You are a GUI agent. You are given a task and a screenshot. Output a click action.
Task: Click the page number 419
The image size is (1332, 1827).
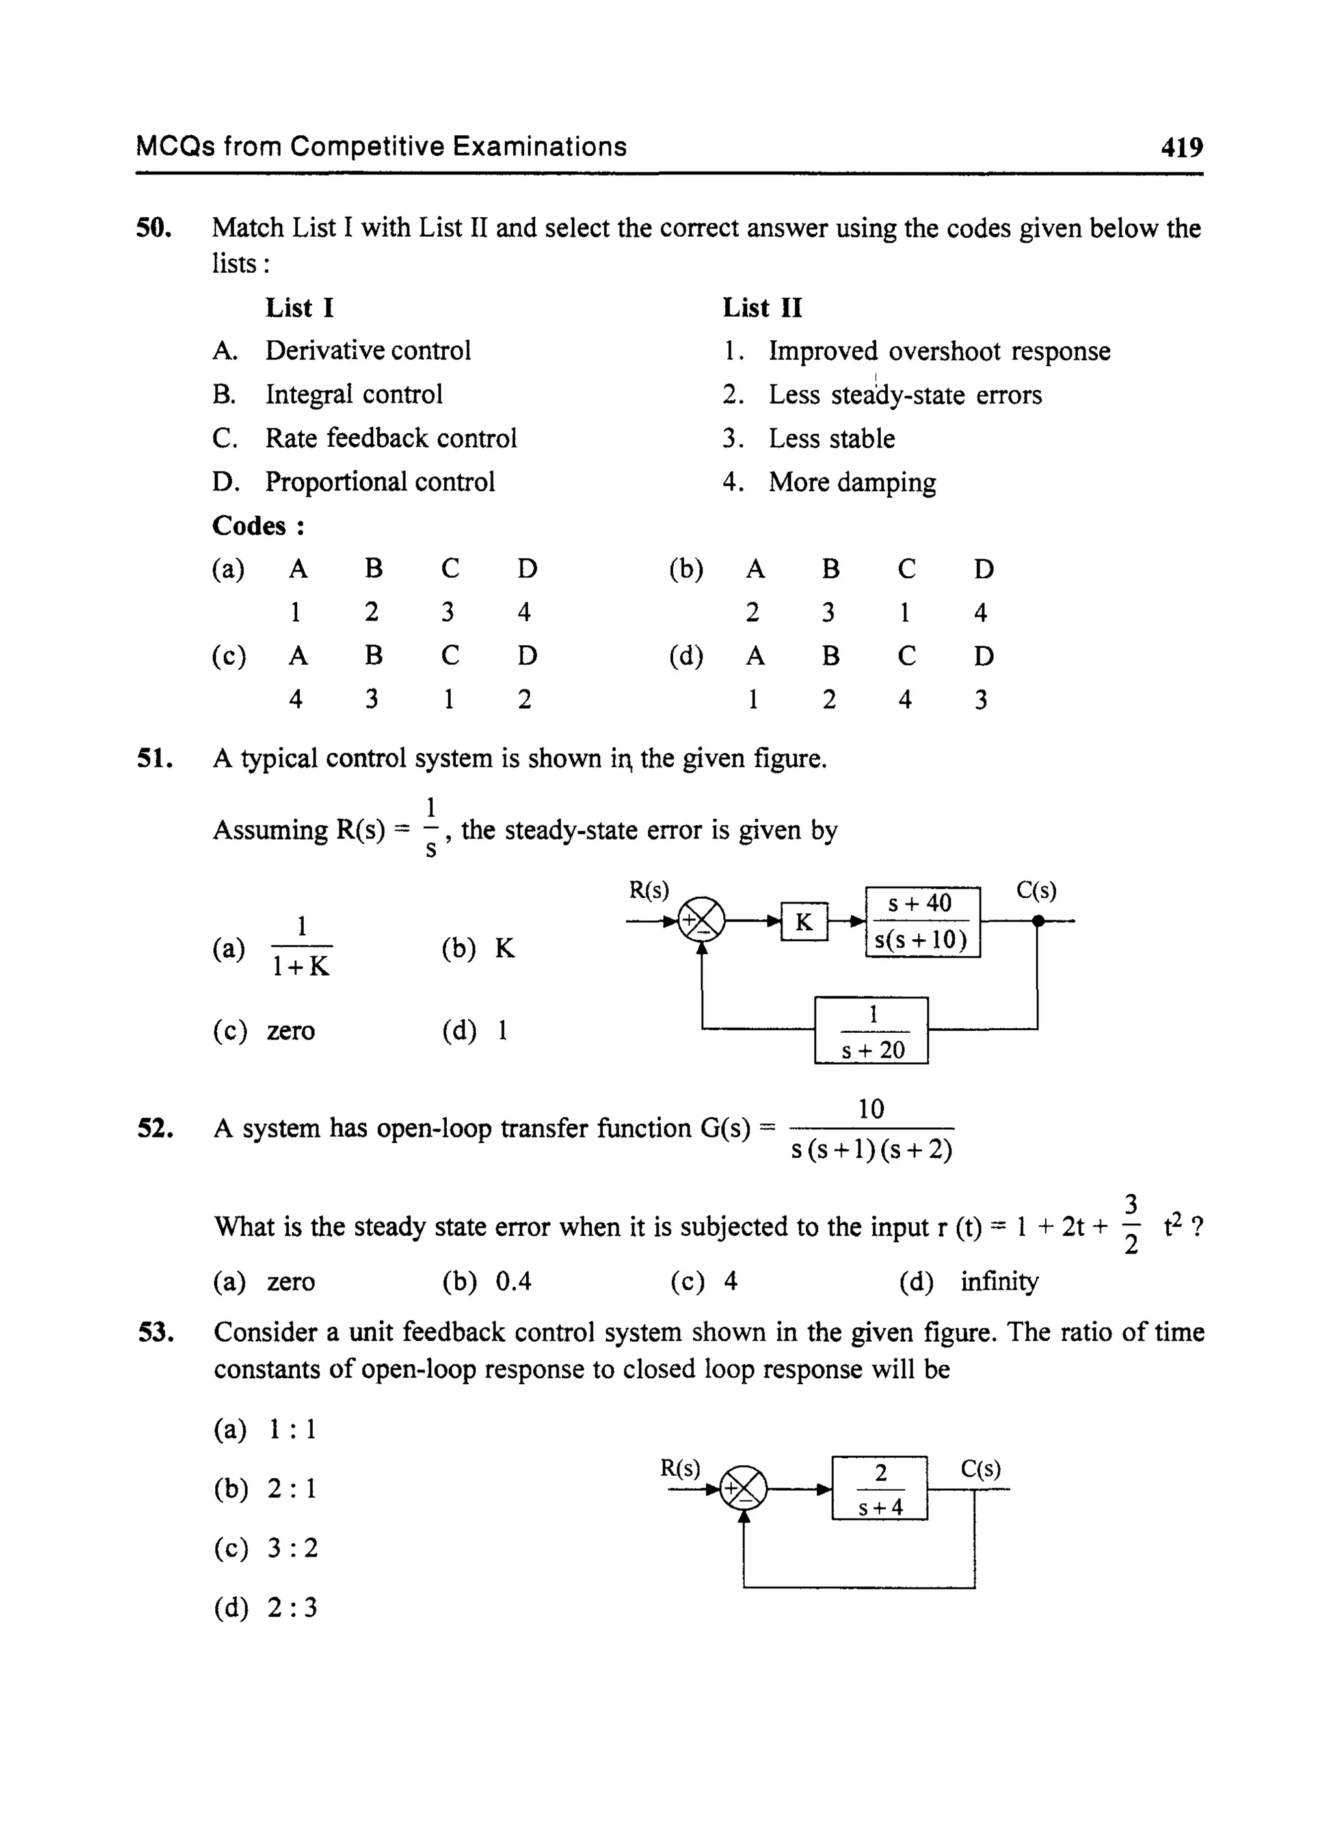pos(1181,148)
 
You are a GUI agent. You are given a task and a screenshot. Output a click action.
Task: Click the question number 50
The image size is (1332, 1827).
pos(153,228)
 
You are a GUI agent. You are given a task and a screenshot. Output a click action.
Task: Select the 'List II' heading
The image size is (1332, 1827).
pos(762,308)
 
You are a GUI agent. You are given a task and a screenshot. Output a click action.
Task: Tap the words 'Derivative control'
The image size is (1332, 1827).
pos(367,351)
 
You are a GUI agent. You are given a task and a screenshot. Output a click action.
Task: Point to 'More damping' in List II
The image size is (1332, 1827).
pos(851,482)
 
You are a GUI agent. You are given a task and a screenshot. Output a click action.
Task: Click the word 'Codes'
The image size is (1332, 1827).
pos(249,526)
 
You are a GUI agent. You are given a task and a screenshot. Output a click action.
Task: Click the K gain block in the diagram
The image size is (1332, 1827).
pos(804,922)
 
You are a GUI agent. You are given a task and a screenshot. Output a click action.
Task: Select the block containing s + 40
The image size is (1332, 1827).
pos(922,922)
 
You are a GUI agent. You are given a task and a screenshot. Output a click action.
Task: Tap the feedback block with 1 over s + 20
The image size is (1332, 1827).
pos(871,1030)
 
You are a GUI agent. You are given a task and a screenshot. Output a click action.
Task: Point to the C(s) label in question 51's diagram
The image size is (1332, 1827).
pos(1036,890)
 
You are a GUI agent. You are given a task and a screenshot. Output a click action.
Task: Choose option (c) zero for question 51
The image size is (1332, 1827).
pos(265,1030)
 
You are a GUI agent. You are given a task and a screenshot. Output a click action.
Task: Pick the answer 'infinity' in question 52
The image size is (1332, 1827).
pos(999,1281)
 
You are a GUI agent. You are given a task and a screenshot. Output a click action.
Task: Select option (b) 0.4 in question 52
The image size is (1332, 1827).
pos(488,1281)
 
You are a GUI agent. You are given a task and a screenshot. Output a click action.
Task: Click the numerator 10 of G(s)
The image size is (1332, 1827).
pos(871,1110)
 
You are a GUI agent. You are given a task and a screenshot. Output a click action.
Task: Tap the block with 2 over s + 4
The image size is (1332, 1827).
pos(880,1488)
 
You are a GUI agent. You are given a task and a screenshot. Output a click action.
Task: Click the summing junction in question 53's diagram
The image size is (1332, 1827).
pos(743,1488)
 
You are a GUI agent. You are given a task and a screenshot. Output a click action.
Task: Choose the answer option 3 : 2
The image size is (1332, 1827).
pos(267,1547)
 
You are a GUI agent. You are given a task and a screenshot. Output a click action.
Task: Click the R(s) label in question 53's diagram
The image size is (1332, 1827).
pos(680,1468)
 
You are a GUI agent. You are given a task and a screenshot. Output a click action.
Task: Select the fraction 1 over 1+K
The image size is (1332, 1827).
pos(300,946)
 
